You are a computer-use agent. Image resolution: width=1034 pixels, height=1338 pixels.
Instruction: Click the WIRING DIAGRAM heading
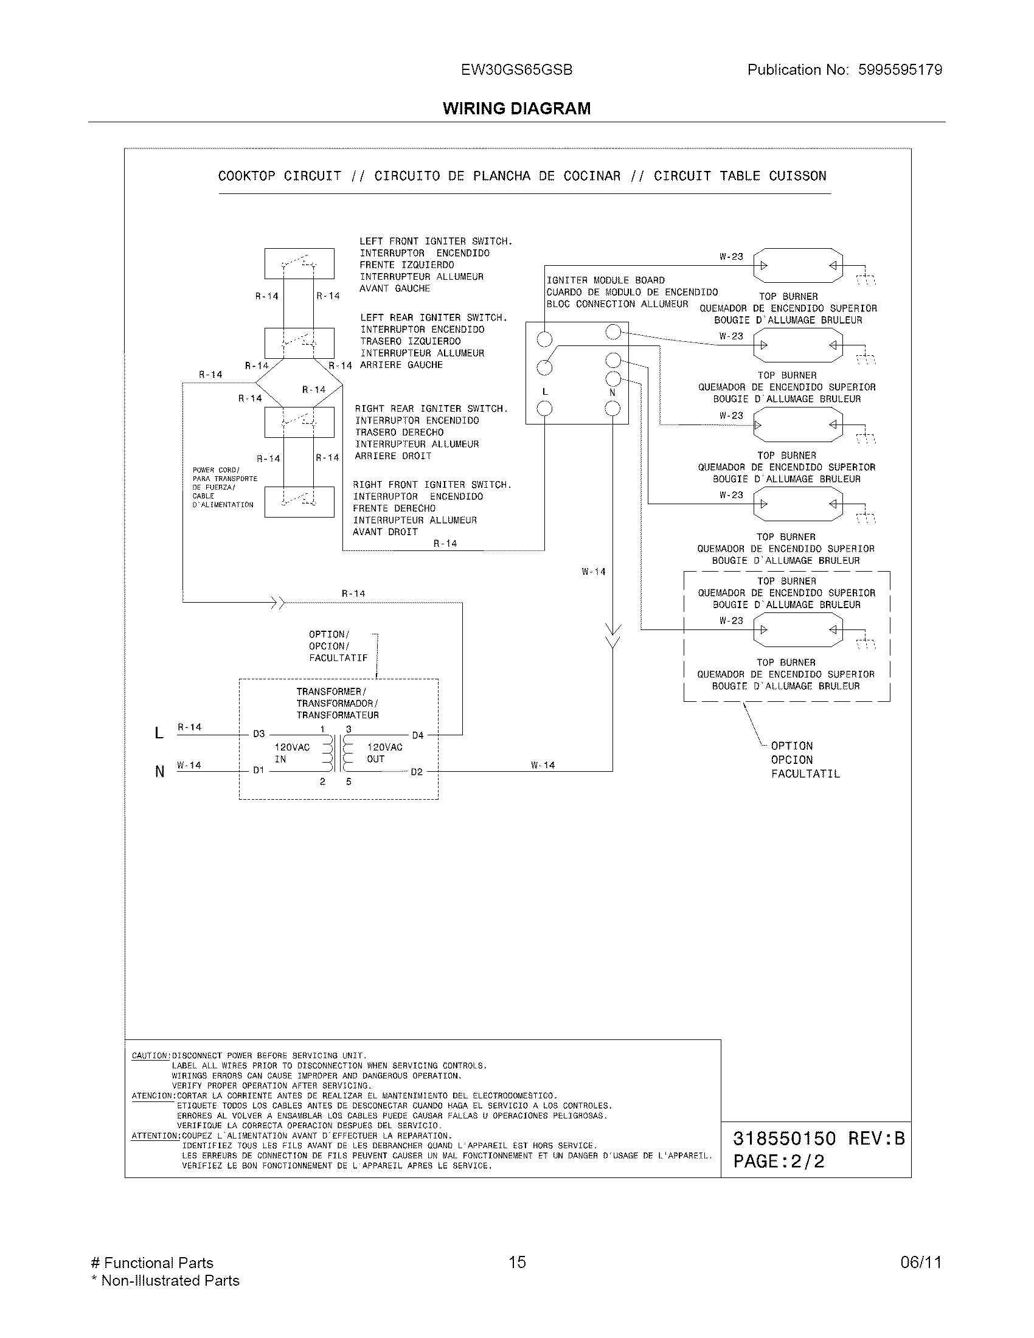pyautogui.click(x=516, y=108)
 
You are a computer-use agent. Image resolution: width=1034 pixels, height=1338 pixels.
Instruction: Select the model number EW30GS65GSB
pyautogui.click(x=516, y=70)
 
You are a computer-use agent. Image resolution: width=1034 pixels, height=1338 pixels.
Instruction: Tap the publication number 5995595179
pyautogui.click(x=900, y=70)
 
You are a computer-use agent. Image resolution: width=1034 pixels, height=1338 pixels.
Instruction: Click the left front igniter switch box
pyautogui.click(x=299, y=263)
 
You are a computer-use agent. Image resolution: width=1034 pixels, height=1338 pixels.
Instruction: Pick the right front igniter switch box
pyautogui.click(x=299, y=502)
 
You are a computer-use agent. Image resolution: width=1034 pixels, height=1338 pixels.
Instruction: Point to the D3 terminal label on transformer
pyautogui.click(x=259, y=733)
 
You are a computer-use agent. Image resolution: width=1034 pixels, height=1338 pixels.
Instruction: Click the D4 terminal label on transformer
pyautogui.click(x=417, y=735)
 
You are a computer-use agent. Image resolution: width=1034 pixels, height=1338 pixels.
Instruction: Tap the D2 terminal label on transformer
pyautogui.click(x=417, y=772)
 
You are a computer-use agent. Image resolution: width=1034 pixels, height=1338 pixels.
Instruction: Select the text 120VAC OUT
pyautogui.click(x=384, y=753)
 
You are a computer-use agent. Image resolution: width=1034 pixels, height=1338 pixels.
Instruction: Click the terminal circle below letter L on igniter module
pyautogui.click(x=544, y=408)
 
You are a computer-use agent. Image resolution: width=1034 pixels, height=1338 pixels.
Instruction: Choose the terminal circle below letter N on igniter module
pyautogui.click(x=612, y=408)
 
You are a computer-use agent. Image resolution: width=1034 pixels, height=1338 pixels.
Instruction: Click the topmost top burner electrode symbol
pyautogui.click(x=797, y=265)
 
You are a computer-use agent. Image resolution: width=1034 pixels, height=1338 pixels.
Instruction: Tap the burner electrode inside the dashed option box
pyautogui.click(x=797, y=630)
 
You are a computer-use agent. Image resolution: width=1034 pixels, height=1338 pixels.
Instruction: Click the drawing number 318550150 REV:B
pyautogui.click(x=818, y=1139)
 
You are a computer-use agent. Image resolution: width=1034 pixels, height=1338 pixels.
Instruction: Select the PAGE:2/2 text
pyautogui.click(x=779, y=1161)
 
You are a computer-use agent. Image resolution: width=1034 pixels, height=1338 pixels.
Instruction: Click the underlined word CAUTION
pyautogui.click(x=150, y=1056)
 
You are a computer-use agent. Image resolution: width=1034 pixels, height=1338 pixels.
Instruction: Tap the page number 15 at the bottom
pyautogui.click(x=517, y=1262)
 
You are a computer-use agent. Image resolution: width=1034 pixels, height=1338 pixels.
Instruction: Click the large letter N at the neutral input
pyautogui.click(x=160, y=771)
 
